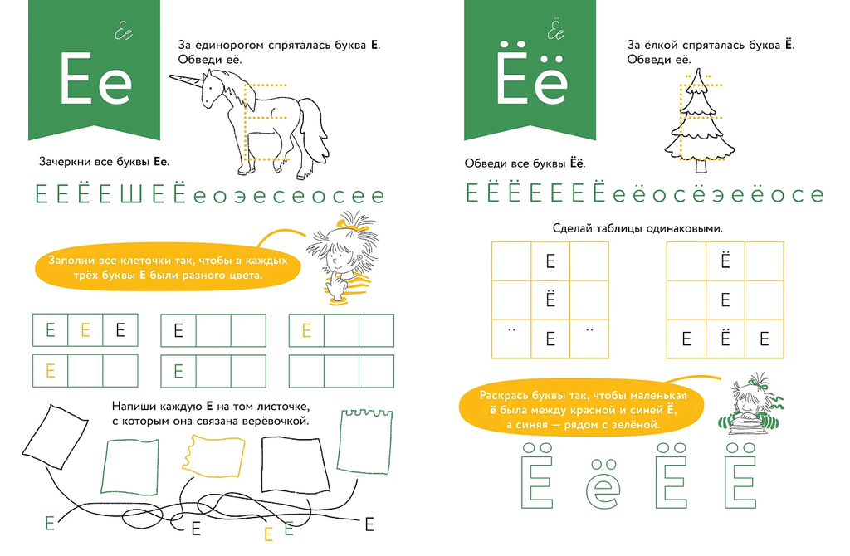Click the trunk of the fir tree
click(701, 165)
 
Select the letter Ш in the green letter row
click(130, 194)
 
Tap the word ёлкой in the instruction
click(661, 46)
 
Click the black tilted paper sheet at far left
click(55, 437)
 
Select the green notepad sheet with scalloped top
click(365, 441)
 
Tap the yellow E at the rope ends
click(268, 534)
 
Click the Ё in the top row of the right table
click(725, 261)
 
